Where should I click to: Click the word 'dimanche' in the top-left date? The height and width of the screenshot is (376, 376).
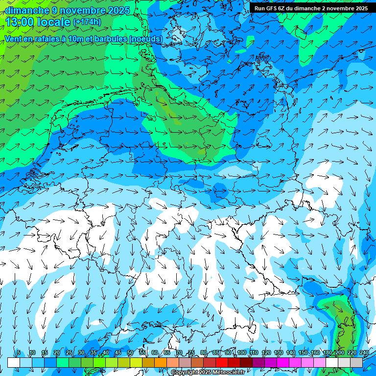[27, 10]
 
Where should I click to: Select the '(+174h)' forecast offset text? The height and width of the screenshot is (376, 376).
[87, 22]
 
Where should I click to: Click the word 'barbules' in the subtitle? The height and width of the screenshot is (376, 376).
[120, 38]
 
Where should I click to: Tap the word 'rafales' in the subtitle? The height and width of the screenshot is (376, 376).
[48, 38]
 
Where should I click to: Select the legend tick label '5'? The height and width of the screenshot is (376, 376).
[19, 353]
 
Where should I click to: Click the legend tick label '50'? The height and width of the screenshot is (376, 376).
[130, 353]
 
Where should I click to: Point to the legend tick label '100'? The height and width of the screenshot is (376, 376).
[241, 353]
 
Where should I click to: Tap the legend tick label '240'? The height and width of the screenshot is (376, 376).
[364, 353]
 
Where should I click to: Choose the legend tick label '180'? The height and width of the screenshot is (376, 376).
[327, 353]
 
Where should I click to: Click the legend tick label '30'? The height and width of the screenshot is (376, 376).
[81, 353]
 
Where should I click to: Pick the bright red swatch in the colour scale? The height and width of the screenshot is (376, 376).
[222, 362]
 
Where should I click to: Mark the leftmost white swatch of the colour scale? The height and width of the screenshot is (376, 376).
[14, 362]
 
